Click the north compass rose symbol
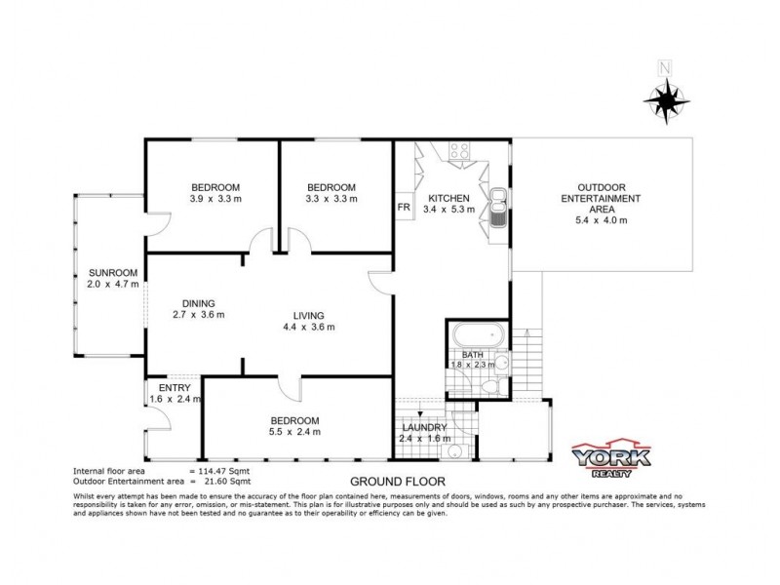[666, 97]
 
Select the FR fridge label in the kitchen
[404, 208]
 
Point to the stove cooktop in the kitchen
[458, 151]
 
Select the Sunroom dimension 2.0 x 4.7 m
[113, 285]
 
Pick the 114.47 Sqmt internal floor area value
[225, 471]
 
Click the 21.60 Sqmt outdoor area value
[225, 481]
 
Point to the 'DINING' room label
[198, 302]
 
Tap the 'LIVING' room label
[307, 315]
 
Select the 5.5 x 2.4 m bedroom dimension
[294, 432]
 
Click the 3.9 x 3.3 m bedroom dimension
[215, 199]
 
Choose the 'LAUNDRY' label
[424, 427]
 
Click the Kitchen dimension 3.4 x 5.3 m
[448, 210]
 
